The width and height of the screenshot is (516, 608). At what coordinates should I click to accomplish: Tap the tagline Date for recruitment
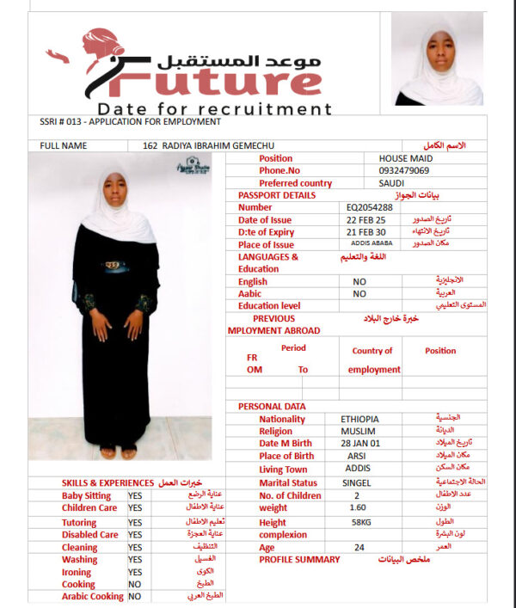214,109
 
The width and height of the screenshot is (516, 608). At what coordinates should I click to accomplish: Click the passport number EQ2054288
370,207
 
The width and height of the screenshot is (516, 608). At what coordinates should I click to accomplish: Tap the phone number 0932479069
403,170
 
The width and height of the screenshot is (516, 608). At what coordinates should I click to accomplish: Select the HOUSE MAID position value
406,158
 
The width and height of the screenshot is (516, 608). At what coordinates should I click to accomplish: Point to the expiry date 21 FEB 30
365,232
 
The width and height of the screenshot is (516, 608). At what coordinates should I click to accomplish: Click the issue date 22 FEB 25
365,219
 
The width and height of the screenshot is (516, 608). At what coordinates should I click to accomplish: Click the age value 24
359,547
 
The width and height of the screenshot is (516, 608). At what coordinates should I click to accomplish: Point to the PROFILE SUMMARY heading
299,560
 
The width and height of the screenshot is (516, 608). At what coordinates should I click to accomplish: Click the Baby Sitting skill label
86,496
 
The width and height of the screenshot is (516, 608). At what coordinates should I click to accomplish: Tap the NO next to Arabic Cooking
134,596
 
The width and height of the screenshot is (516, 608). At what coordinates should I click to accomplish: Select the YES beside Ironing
135,571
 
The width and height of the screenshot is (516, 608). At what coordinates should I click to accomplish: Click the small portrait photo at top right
437,59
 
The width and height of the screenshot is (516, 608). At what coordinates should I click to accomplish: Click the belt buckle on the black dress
114,266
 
